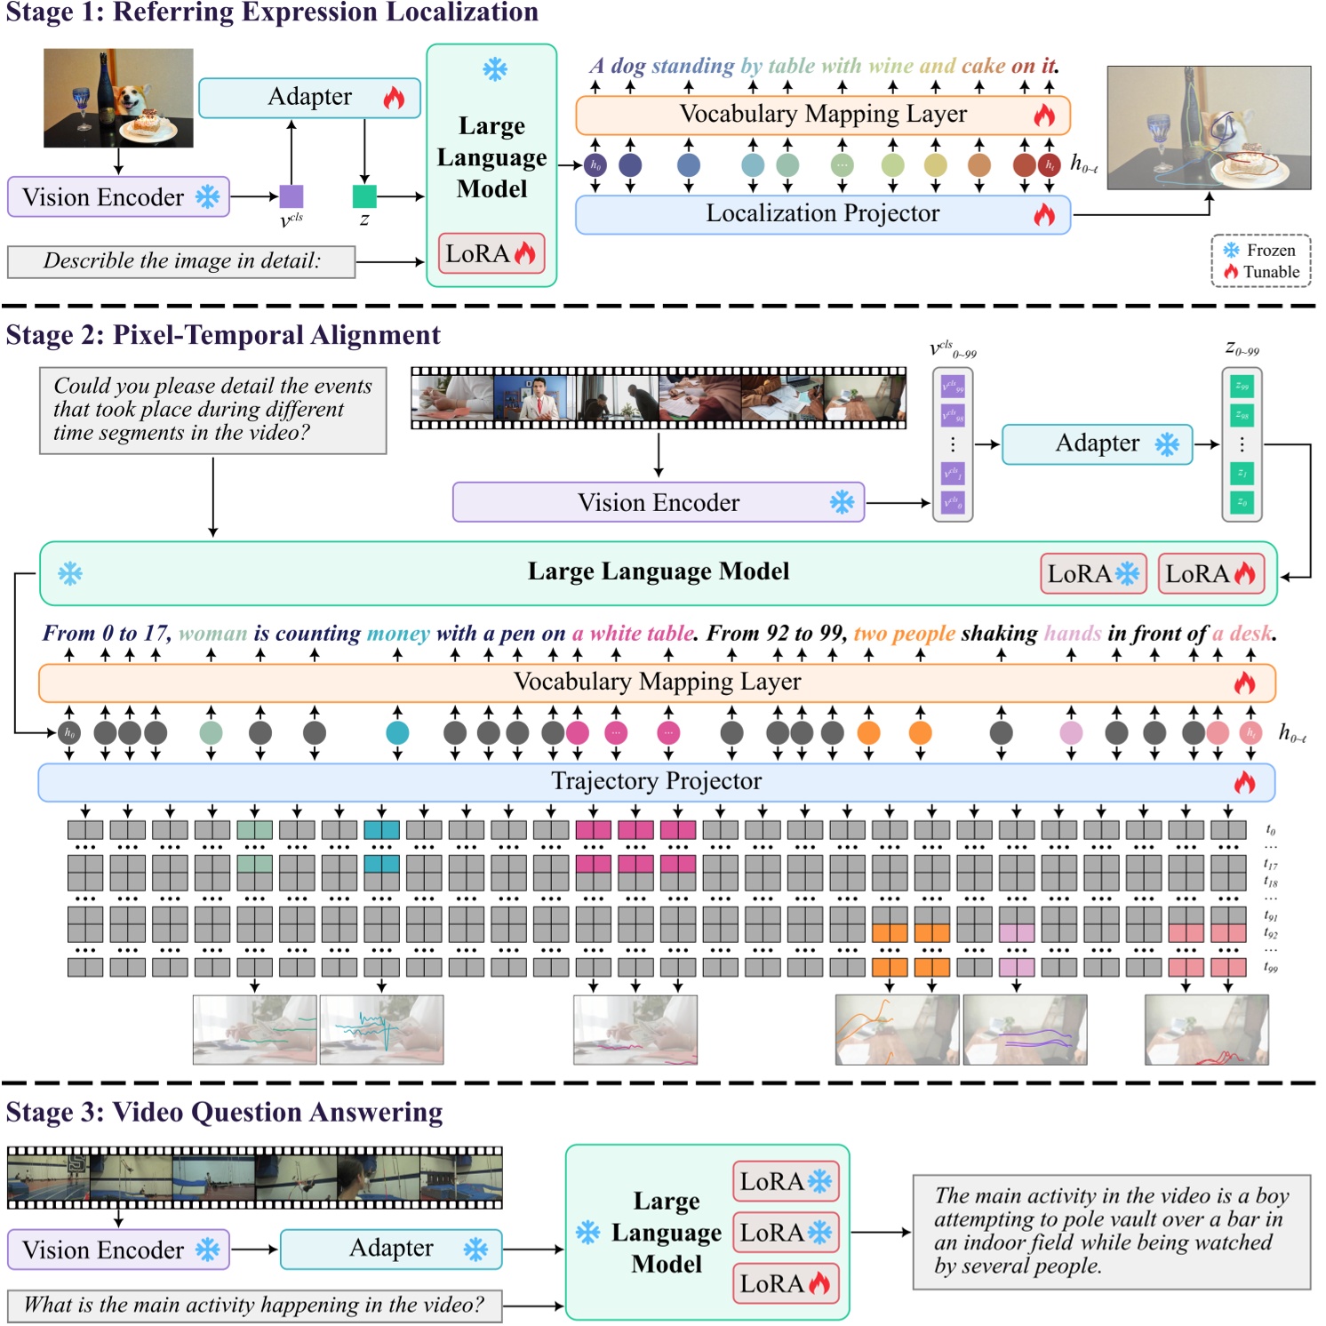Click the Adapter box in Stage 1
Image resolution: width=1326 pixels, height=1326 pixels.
pyautogui.click(x=309, y=98)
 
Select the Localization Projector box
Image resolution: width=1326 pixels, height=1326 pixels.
pyautogui.click(x=822, y=214)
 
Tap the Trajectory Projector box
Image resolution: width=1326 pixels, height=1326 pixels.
pyautogui.click(x=656, y=781)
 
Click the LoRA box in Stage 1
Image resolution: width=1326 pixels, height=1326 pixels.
pyautogui.click(x=491, y=254)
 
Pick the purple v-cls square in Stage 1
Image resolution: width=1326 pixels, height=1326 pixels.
pyautogui.click(x=292, y=196)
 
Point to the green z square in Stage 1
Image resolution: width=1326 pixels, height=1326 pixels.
pyautogui.click(x=364, y=196)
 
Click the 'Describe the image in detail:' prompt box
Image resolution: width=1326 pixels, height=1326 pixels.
pyautogui.click(x=181, y=261)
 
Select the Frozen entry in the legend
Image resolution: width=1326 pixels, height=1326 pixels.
pyautogui.click(x=1260, y=251)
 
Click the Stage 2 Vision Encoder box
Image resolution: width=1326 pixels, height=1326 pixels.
pyautogui.click(x=658, y=503)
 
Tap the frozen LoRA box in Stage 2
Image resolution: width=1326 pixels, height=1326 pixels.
pyautogui.click(x=1092, y=574)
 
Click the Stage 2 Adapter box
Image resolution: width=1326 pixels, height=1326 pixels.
pyautogui.click(x=1097, y=443)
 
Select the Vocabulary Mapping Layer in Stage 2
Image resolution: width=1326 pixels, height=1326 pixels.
pyautogui.click(x=656, y=682)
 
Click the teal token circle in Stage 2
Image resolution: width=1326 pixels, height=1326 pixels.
pyautogui.click(x=397, y=733)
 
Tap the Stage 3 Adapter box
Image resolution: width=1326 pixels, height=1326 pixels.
pyautogui.click(x=391, y=1249)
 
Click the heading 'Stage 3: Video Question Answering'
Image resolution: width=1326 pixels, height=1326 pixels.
pyautogui.click(x=224, y=1113)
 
